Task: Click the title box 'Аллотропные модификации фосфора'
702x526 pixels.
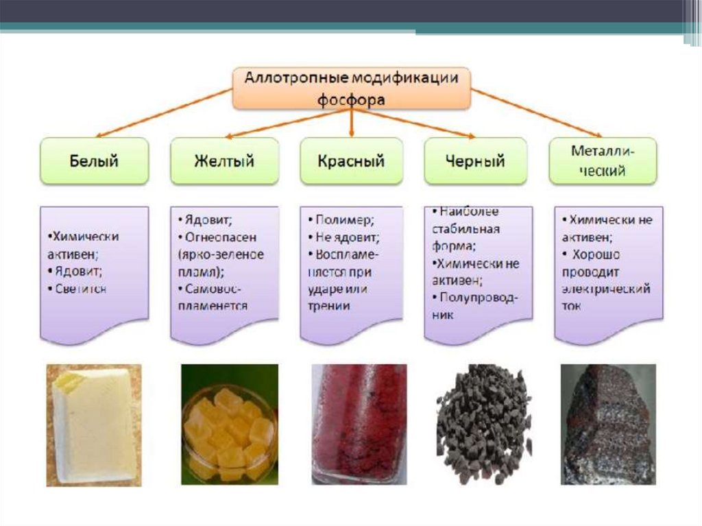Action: [351, 88]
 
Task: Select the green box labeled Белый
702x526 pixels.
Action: [94, 161]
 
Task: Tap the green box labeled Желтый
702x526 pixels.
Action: [224, 161]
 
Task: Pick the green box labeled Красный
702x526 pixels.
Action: [351, 161]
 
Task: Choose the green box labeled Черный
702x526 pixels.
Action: [475, 161]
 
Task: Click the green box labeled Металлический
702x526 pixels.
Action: [603, 161]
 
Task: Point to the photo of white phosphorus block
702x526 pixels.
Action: [93, 425]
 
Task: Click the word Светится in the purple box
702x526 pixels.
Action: [82, 289]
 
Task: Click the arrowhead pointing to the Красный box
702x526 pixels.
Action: [351, 132]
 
